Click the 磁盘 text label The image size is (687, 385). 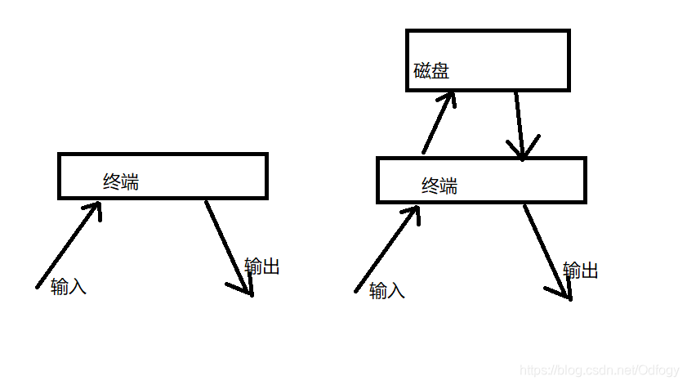click(431, 71)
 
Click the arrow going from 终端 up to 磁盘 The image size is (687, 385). click(435, 123)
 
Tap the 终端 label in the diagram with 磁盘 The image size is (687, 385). click(439, 186)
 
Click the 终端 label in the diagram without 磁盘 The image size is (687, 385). click(121, 181)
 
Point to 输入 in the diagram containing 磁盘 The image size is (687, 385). click(387, 290)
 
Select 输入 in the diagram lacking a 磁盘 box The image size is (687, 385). click(69, 287)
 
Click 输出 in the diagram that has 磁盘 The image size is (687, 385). click(581, 271)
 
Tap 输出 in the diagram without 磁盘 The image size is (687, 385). click(262, 266)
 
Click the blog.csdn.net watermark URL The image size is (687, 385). click(600, 371)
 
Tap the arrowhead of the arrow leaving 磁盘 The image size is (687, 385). click(523, 150)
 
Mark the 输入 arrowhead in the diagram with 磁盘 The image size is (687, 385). click(413, 213)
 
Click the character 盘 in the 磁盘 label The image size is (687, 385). click(440, 71)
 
